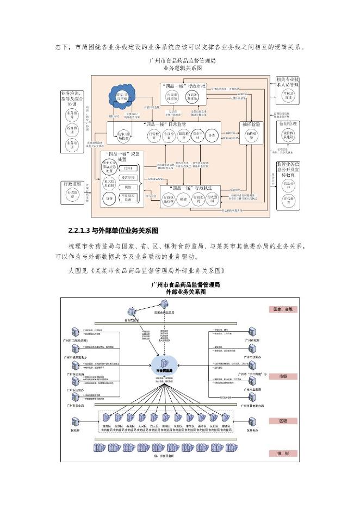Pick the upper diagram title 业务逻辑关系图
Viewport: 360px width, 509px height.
click(182, 69)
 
